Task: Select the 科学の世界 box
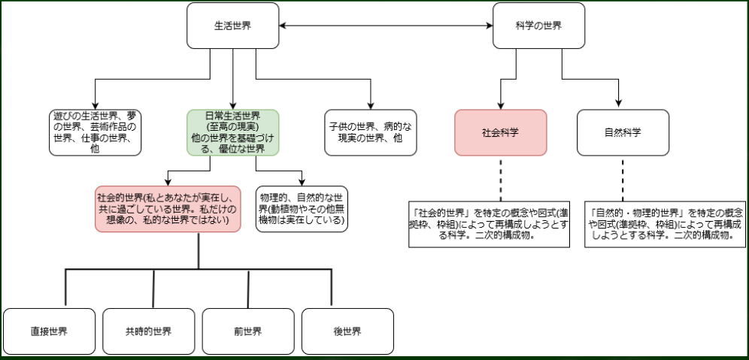tap(538, 26)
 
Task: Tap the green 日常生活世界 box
tap(232, 132)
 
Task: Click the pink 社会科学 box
tap(500, 132)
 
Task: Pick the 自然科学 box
tap(623, 132)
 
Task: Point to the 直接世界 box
tap(49, 331)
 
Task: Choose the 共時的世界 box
tap(148, 331)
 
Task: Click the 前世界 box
tap(247, 331)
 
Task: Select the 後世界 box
tap(347, 331)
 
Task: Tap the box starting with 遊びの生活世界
tap(96, 132)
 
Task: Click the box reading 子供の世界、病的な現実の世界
tap(371, 132)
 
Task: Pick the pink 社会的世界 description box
tap(168, 209)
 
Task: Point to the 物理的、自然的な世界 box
tap(302, 209)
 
